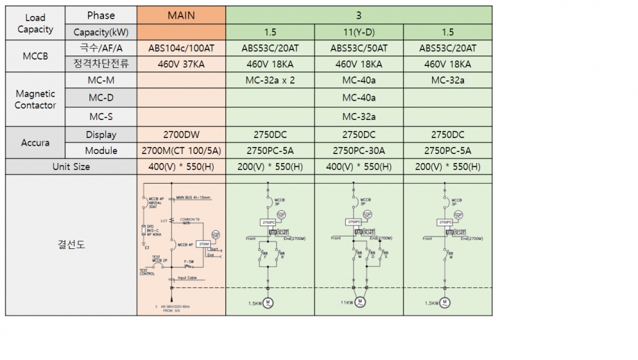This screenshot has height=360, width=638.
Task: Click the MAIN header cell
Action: point(181,15)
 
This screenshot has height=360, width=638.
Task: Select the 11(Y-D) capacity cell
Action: point(359,32)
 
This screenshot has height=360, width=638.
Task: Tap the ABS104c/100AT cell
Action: point(181,49)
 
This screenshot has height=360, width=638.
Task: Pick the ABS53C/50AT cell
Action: point(359,49)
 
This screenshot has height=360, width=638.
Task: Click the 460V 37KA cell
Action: point(181,65)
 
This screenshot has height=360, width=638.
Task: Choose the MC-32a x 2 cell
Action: point(270,80)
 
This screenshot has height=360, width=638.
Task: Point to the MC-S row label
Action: point(101,117)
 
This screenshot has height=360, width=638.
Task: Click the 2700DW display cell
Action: point(181,135)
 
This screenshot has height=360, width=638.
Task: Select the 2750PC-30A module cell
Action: point(359,151)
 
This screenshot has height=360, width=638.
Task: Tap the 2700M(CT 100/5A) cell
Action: point(181,151)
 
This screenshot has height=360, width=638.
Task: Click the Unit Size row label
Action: point(71,166)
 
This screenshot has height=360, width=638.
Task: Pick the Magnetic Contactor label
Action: point(35,98)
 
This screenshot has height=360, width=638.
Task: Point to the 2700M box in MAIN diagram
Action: point(203,244)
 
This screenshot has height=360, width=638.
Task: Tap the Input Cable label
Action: point(187,278)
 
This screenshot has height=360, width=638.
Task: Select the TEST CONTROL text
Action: point(147,271)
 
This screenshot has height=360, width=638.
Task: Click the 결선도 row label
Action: point(71,244)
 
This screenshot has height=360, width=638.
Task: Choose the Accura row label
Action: point(35,142)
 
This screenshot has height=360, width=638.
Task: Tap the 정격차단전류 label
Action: point(101,65)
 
